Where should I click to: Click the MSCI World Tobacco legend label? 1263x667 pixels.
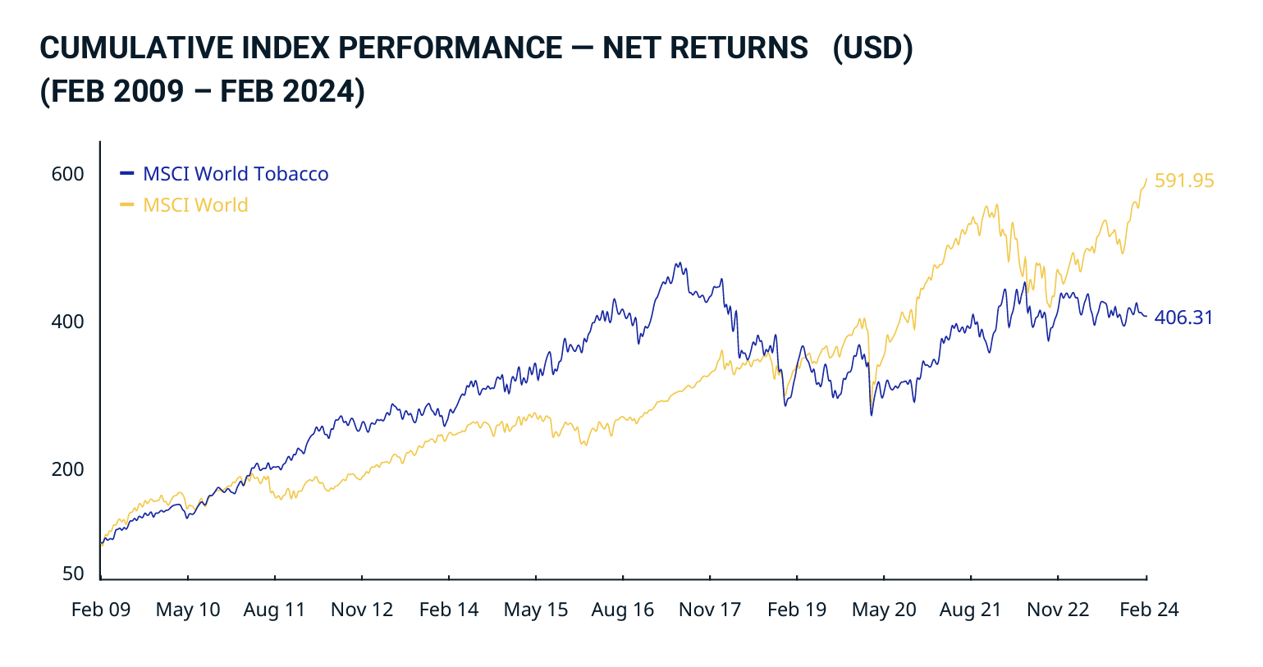(236, 174)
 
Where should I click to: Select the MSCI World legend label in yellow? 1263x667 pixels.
(195, 205)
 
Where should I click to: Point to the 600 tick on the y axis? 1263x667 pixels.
(68, 174)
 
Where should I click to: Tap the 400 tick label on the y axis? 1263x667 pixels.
(68, 322)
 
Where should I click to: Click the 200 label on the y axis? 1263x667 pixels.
(68, 469)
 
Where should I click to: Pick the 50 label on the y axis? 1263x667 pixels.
(74, 573)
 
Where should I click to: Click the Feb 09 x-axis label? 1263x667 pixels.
(101, 610)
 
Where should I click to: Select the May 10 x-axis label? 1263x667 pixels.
(188, 610)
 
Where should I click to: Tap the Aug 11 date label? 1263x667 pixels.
(274, 610)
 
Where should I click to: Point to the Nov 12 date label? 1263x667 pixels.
(362, 610)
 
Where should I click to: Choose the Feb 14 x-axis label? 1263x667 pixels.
(449, 610)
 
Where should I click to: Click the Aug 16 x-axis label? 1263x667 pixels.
(623, 610)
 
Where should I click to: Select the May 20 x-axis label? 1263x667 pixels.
(884, 610)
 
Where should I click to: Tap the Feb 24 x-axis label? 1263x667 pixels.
(1149, 610)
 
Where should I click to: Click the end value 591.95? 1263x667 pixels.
(1184, 180)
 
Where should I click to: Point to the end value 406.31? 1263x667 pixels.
(1183, 318)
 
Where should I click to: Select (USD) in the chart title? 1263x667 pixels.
(872, 48)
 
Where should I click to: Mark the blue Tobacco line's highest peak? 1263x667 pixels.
(678, 263)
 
